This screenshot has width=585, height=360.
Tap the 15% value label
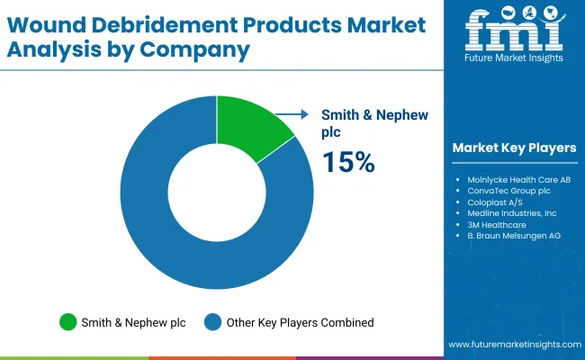(348, 162)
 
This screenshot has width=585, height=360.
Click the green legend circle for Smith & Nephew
(68, 321)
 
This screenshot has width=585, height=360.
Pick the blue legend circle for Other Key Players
(213, 321)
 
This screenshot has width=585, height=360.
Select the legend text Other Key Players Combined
(300, 321)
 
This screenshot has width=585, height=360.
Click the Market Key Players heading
(515, 148)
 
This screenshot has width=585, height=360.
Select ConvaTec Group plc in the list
(508, 192)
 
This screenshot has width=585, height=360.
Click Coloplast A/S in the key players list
(495, 202)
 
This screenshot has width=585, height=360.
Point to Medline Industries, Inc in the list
(512, 213)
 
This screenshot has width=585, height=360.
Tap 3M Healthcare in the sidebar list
(496, 224)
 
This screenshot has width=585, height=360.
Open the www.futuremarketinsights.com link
(512, 345)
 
